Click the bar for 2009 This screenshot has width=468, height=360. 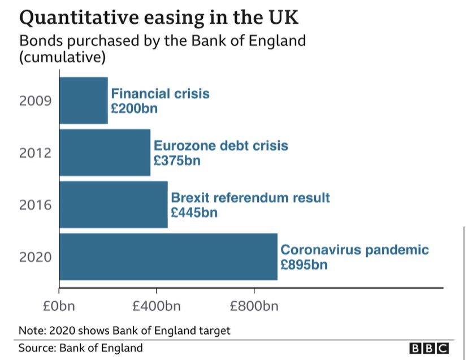83,101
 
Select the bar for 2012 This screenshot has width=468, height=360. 105,153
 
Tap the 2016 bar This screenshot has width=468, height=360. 113,205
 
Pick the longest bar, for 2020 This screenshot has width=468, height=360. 168,257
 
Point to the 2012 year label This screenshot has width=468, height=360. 36,153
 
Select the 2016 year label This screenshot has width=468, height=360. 36,205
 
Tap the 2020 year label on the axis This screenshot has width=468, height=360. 36,257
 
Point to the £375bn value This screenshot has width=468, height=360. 177,161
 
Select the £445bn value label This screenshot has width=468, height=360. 194,212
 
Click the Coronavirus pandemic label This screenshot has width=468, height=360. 355,250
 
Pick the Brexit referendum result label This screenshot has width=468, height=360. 250,198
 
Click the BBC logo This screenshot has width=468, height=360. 429,348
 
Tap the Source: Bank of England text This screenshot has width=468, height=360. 81,348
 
